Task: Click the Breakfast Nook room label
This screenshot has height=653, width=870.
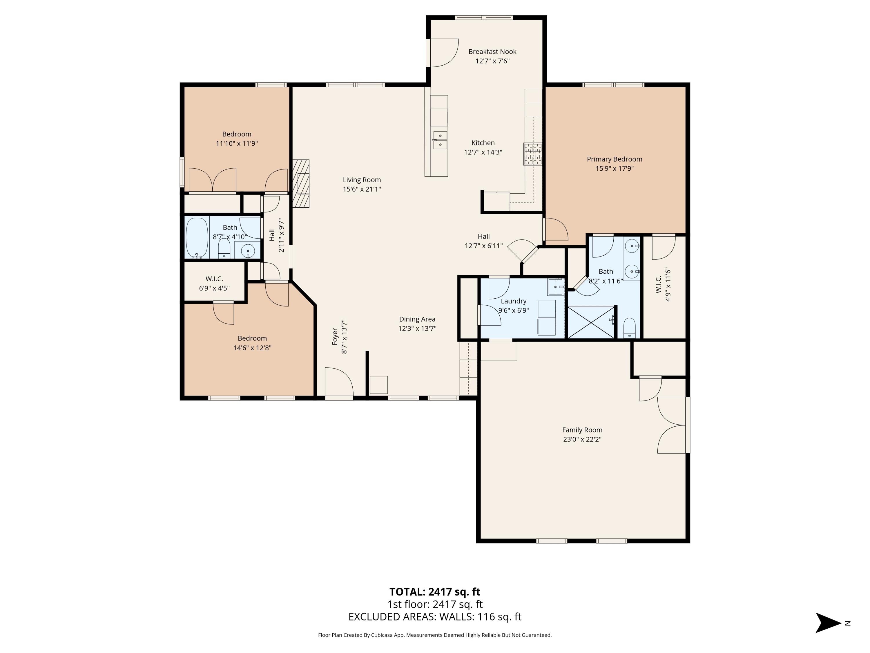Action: click(492, 52)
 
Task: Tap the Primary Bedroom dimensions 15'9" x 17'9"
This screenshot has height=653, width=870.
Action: click(614, 168)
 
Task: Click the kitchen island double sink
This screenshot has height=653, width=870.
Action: click(440, 140)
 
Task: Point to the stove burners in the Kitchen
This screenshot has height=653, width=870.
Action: click(532, 154)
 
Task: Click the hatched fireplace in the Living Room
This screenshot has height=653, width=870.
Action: click(301, 183)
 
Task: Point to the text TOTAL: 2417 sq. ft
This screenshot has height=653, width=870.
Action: click(435, 591)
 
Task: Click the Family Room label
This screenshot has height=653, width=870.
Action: click(582, 430)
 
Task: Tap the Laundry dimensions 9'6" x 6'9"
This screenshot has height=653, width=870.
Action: click(513, 310)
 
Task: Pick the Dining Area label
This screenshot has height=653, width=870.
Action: click(417, 319)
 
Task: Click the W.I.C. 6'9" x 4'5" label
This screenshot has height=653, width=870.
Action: click(214, 283)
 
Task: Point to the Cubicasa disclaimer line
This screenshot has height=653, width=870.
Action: click(435, 635)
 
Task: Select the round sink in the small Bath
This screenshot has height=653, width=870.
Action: click(248, 250)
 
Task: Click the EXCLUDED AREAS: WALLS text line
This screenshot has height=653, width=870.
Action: click(435, 617)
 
